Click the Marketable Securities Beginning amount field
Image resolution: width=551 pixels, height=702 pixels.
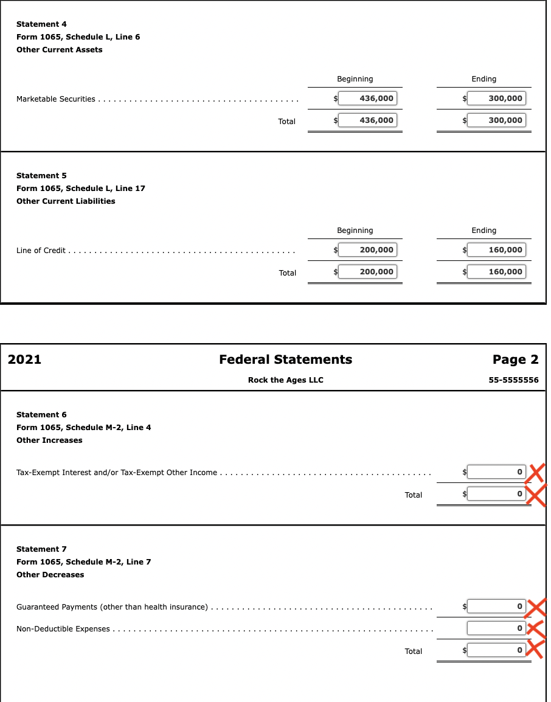click(x=367, y=99)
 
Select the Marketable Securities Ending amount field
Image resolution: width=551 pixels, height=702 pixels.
click(x=496, y=99)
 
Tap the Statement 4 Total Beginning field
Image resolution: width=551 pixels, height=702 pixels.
click(x=367, y=120)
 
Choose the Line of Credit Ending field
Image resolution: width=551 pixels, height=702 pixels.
click(x=496, y=250)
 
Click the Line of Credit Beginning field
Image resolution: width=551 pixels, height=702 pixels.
click(x=367, y=250)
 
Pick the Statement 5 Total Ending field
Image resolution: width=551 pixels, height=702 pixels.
click(x=496, y=272)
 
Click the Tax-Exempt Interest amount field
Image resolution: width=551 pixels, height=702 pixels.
click(x=496, y=471)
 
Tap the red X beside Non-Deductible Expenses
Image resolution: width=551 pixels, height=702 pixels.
click(x=535, y=628)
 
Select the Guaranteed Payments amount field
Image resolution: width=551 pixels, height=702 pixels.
click(x=496, y=606)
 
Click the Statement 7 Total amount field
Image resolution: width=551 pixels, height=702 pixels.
click(x=496, y=650)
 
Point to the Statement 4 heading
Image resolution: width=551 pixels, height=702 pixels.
click(x=41, y=24)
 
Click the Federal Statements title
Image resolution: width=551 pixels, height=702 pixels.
click(x=285, y=360)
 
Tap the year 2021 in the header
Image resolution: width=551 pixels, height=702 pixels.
click(x=24, y=360)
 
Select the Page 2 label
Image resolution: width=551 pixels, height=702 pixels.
click(x=515, y=360)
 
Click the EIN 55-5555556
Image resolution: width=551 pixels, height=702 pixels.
click(x=513, y=380)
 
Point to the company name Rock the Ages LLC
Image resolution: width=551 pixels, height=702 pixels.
click(x=285, y=380)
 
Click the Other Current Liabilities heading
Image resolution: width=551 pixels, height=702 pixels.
click(x=66, y=201)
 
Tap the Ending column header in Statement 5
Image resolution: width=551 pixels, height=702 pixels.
click(x=483, y=231)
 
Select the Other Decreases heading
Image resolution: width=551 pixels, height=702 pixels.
click(x=50, y=575)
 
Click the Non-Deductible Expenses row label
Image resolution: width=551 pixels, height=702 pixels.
click(x=63, y=629)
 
